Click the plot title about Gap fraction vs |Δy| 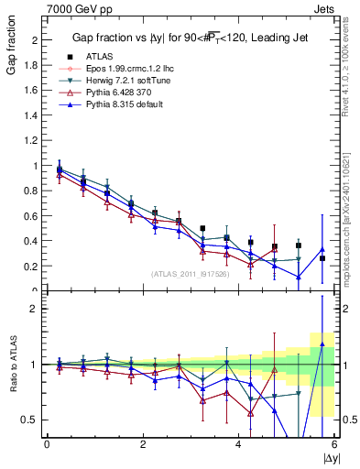click(x=191, y=38)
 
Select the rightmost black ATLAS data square click(x=322, y=258)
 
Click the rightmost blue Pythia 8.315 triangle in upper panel click(x=322, y=249)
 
